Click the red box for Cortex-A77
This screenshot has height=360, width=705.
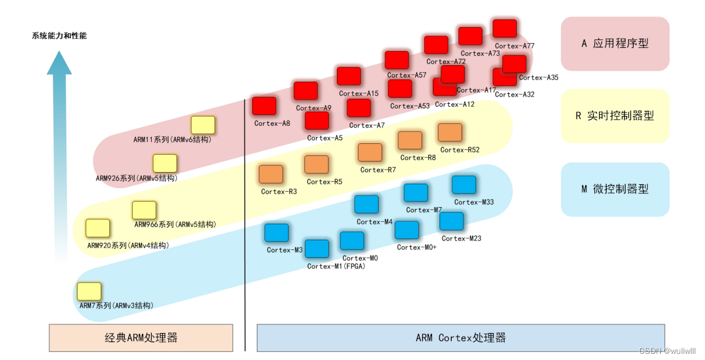tap(505, 28)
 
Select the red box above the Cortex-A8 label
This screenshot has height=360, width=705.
tap(264, 106)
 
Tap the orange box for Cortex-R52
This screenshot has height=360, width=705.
tap(450, 132)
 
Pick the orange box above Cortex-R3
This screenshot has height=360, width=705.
tap(270, 174)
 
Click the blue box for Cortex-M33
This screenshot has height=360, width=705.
tap(464, 185)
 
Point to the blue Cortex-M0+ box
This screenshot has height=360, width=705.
tap(407, 230)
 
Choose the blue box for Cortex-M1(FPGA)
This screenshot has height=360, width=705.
tap(317, 249)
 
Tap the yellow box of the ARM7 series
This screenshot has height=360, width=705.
tap(89, 291)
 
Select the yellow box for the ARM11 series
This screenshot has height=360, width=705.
tap(203, 125)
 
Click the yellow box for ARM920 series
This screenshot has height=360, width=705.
tap(98, 229)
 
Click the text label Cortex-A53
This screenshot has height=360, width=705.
tap(410, 106)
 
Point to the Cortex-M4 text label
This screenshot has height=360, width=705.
tap(374, 222)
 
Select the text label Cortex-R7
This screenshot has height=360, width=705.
tap(378, 170)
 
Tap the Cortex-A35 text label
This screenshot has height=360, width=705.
tap(538, 78)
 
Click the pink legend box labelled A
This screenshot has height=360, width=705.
tap(615, 44)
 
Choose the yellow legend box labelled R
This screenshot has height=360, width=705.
tap(615, 116)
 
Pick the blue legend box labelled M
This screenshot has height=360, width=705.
tap(615, 189)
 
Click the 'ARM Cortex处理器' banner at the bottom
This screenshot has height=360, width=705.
tap(460, 338)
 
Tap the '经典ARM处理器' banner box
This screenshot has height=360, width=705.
tap(141, 338)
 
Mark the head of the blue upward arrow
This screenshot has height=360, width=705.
tap(60, 64)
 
